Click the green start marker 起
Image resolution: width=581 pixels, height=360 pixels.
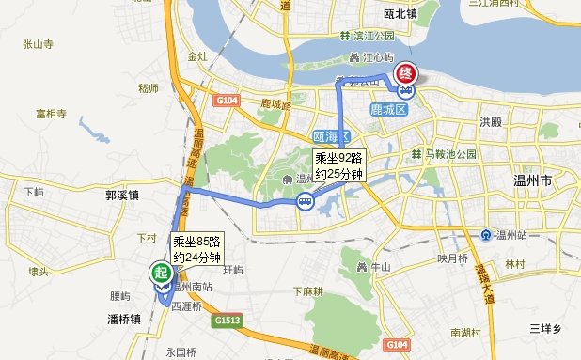(x=161, y=274)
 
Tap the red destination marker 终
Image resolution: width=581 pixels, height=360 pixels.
(x=406, y=72)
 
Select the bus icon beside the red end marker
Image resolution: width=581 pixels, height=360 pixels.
(x=405, y=91)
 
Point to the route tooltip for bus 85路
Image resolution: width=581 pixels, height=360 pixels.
(x=196, y=247)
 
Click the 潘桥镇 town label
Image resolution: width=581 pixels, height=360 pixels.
(x=124, y=320)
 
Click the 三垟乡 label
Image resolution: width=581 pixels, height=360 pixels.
(x=543, y=327)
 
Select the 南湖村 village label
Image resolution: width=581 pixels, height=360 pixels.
(x=465, y=333)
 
